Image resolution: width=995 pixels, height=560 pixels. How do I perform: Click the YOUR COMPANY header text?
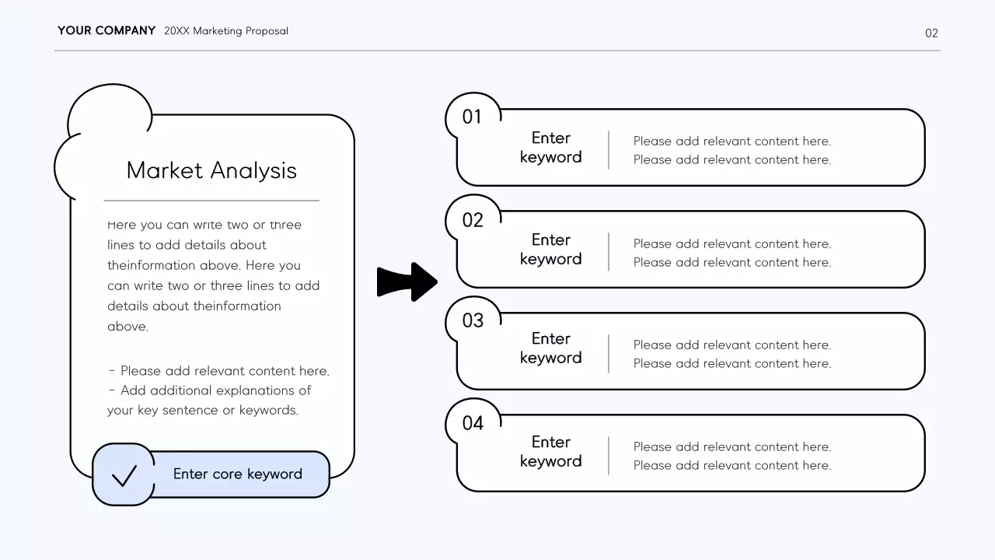click(106, 31)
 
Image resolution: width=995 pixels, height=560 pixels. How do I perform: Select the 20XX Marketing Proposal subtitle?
click(225, 31)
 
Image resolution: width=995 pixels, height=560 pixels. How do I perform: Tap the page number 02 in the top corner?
click(931, 33)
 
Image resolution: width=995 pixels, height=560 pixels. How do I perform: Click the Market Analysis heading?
click(211, 170)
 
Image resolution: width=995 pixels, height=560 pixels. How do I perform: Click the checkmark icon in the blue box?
click(124, 474)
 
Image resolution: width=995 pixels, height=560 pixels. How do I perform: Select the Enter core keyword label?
click(237, 474)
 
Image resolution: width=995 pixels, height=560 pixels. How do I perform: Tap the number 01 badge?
click(472, 117)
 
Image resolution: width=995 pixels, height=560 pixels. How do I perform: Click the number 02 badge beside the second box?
click(473, 220)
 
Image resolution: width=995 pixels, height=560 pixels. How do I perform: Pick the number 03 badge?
click(473, 320)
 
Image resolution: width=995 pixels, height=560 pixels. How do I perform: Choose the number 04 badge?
click(473, 423)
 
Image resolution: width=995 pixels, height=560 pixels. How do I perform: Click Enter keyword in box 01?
click(550, 148)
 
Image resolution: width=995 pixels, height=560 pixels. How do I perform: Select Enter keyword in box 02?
click(550, 250)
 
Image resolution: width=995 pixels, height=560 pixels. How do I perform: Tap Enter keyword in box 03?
click(550, 348)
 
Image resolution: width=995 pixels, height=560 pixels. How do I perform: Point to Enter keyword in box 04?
click(550, 452)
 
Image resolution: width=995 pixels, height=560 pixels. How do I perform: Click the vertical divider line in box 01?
click(609, 149)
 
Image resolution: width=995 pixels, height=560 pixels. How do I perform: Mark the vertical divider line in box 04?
click(609, 455)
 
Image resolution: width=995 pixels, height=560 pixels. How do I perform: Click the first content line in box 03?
click(731, 345)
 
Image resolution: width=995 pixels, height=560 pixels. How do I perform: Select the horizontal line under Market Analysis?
click(211, 201)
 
